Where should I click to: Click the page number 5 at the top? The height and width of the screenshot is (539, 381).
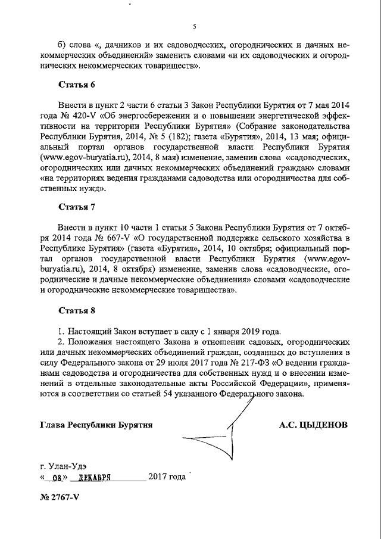(x=195, y=27)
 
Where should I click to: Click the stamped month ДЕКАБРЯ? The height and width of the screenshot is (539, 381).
(x=90, y=478)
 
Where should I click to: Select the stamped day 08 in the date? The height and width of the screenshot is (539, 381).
(x=57, y=478)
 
